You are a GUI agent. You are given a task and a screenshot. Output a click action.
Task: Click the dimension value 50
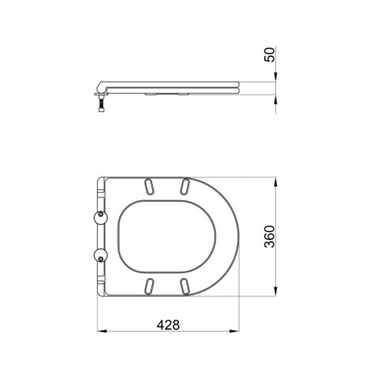point(269,54)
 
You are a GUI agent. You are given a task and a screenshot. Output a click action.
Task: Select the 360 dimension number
point(269,237)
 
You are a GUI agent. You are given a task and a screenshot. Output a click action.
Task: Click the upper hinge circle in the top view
point(101,217)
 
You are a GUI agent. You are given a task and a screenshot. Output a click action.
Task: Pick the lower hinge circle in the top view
point(101,255)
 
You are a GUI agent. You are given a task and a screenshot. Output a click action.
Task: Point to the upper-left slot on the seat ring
point(149,185)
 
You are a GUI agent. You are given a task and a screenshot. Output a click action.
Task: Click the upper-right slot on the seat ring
point(185,185)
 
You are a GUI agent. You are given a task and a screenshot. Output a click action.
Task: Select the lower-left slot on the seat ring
point(149,286)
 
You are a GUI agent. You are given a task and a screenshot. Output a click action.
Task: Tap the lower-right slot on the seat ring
point(185,286)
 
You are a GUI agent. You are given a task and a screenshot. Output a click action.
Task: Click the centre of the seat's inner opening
point(167,237)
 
